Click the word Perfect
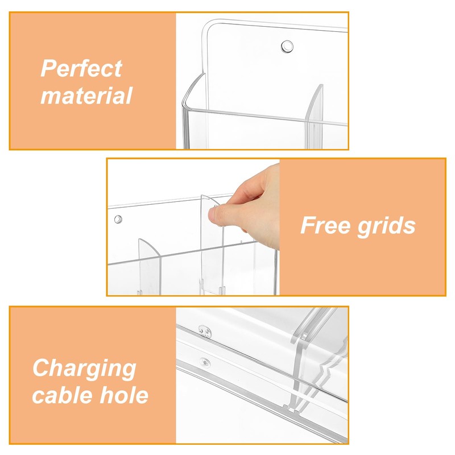tap(81, 68)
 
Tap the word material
tap(86, 96)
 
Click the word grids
tap(386, 226)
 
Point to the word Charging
tap(84, 369)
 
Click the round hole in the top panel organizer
tap(287, 47)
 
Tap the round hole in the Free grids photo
tap(118, 219)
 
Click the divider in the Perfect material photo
tap(315, 118)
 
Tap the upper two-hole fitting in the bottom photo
tap(205, 331)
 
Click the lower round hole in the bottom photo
tap(205, 362)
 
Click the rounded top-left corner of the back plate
tap(206, 27)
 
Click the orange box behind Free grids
tap(363, 227)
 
